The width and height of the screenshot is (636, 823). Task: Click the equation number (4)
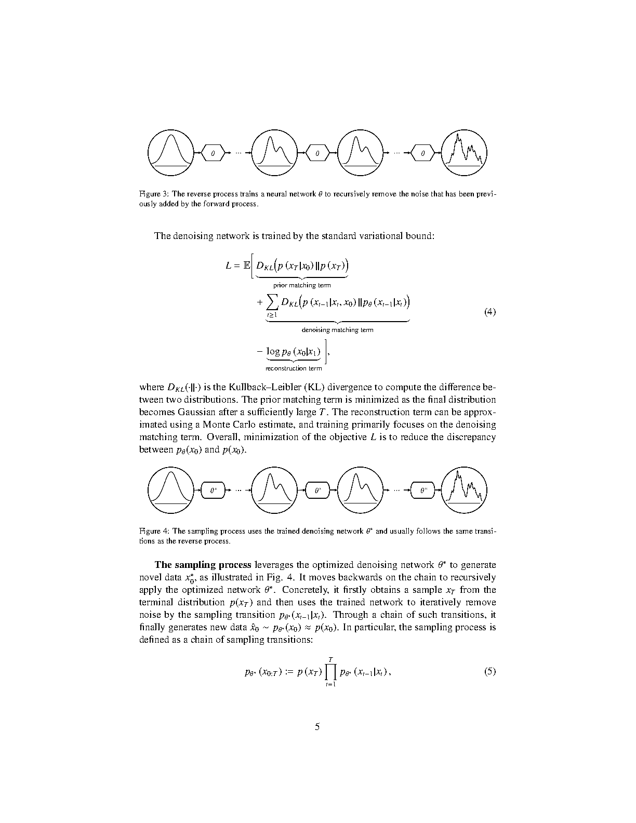[490, 312]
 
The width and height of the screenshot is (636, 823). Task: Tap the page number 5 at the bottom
[317, 727]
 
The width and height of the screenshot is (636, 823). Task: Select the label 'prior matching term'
[302, 285]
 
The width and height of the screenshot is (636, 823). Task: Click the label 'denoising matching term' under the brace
[337, 330]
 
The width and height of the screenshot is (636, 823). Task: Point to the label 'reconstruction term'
[294, 369]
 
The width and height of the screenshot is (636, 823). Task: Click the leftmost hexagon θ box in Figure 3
[213, 153]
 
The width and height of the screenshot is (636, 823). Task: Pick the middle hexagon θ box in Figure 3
[317, 153]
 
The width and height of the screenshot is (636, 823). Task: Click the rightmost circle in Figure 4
[464, 490]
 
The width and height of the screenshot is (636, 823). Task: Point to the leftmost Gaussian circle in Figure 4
[170, 490]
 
